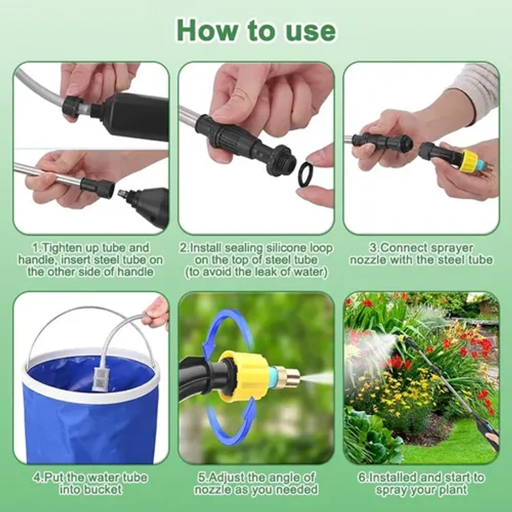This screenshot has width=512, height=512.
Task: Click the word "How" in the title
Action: click(207, 30)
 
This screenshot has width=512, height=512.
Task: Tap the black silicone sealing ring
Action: click(309, 175)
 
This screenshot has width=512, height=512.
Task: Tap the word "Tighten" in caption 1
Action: click(61, 248)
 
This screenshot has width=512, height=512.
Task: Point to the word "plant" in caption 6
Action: click(452, 490)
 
